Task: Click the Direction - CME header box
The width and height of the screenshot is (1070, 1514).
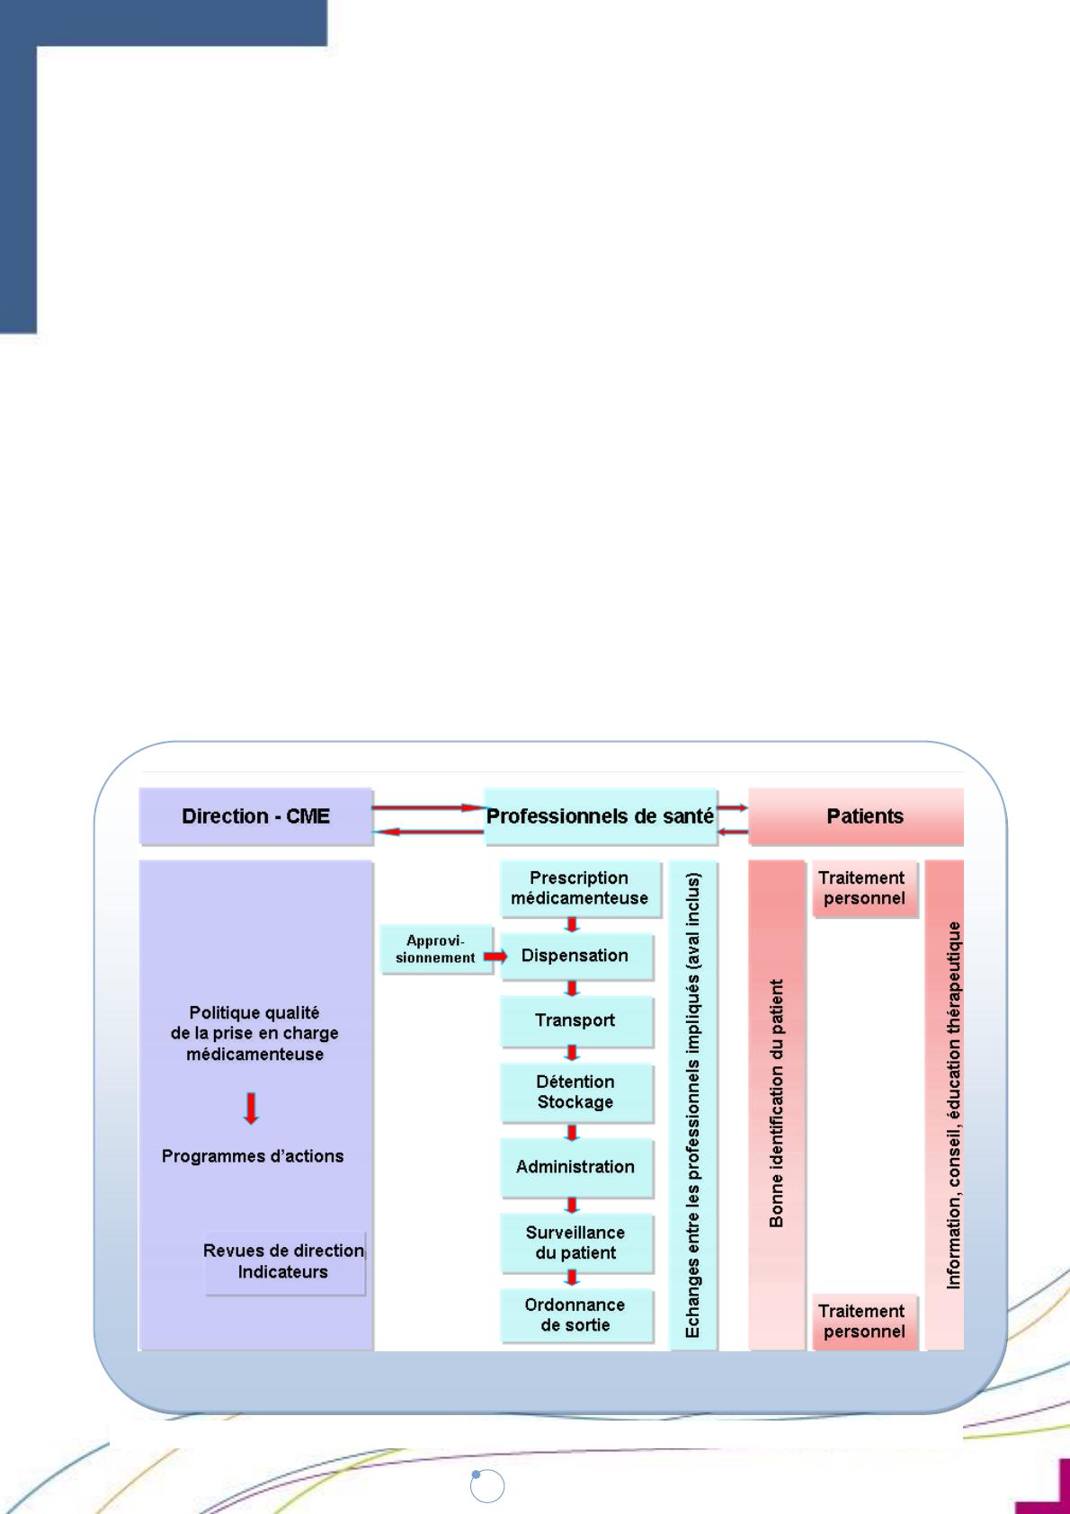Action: tap(255, 816)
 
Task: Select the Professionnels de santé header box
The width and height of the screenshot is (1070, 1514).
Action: tap(600, 816)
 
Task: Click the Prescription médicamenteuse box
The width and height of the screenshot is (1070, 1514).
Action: tap(580, 888)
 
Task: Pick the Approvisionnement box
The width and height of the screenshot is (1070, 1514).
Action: tap(435, 949)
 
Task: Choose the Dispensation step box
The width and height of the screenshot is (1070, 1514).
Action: tap(575, 956)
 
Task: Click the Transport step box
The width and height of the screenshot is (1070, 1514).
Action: tap(575, 1020)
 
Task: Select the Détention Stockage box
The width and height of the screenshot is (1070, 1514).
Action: tap(575, 1092)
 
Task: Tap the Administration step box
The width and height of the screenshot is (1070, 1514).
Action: tap(575, 1167)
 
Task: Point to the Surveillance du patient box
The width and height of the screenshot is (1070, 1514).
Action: tap(575, 1242)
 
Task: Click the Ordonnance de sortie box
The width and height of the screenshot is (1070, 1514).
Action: tap(575, 1315)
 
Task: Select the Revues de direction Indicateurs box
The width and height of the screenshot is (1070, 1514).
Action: tap(284, 1262)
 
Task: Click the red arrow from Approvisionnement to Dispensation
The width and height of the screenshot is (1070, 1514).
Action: tap(495, 957)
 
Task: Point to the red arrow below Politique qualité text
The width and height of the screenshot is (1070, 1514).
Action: tap(252, 1108)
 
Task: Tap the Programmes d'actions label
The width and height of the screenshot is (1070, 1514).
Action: tap(253, 1156)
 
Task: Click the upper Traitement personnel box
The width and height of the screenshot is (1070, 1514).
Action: tap(863, 888)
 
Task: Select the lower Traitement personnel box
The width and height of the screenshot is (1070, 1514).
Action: tap(863, 1322)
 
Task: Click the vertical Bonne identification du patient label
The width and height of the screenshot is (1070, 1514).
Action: tap(777, 1104)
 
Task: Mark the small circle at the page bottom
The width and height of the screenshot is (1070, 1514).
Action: tap(487, 1486)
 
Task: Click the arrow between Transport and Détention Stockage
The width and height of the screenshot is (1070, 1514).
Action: tap(572, 1053)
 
